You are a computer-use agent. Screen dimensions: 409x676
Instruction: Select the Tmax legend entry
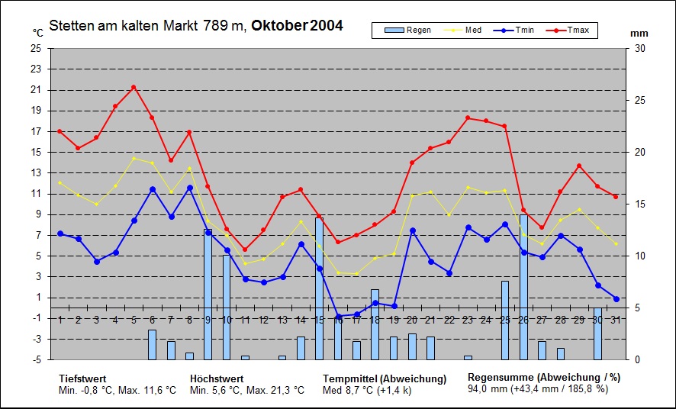[x=577, y=31]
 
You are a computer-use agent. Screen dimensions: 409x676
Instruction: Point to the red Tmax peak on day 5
[x=134, y=87]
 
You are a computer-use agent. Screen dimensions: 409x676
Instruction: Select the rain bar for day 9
[x=208, y=295]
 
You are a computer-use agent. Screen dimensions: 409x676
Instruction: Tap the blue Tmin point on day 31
[x=616, y=298]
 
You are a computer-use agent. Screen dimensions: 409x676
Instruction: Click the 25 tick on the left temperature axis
[x=37, y=48]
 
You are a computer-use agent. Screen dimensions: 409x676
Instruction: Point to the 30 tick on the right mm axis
[x=640, y=48]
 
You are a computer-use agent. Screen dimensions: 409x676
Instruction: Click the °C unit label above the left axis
[x=37, y=33]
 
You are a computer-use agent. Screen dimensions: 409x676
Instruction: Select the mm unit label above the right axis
[x=639, y=34]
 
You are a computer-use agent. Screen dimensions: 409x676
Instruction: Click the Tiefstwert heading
[x=82, y=378]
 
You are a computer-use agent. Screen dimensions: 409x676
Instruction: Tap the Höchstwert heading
[x=217, y=378]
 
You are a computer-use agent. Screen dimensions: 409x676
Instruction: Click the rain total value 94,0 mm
[x=488, y=388]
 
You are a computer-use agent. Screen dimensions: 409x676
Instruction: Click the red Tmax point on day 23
[x=468, y=118]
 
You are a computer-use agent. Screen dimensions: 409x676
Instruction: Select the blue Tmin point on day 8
[x=189, y=188]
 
